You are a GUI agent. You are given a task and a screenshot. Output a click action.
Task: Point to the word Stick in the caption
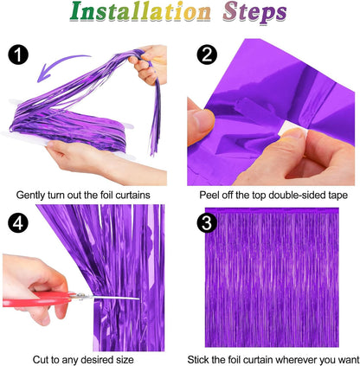click(x=203, y=357)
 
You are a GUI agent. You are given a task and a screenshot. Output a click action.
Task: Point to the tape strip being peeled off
click(x=234, y=117)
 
